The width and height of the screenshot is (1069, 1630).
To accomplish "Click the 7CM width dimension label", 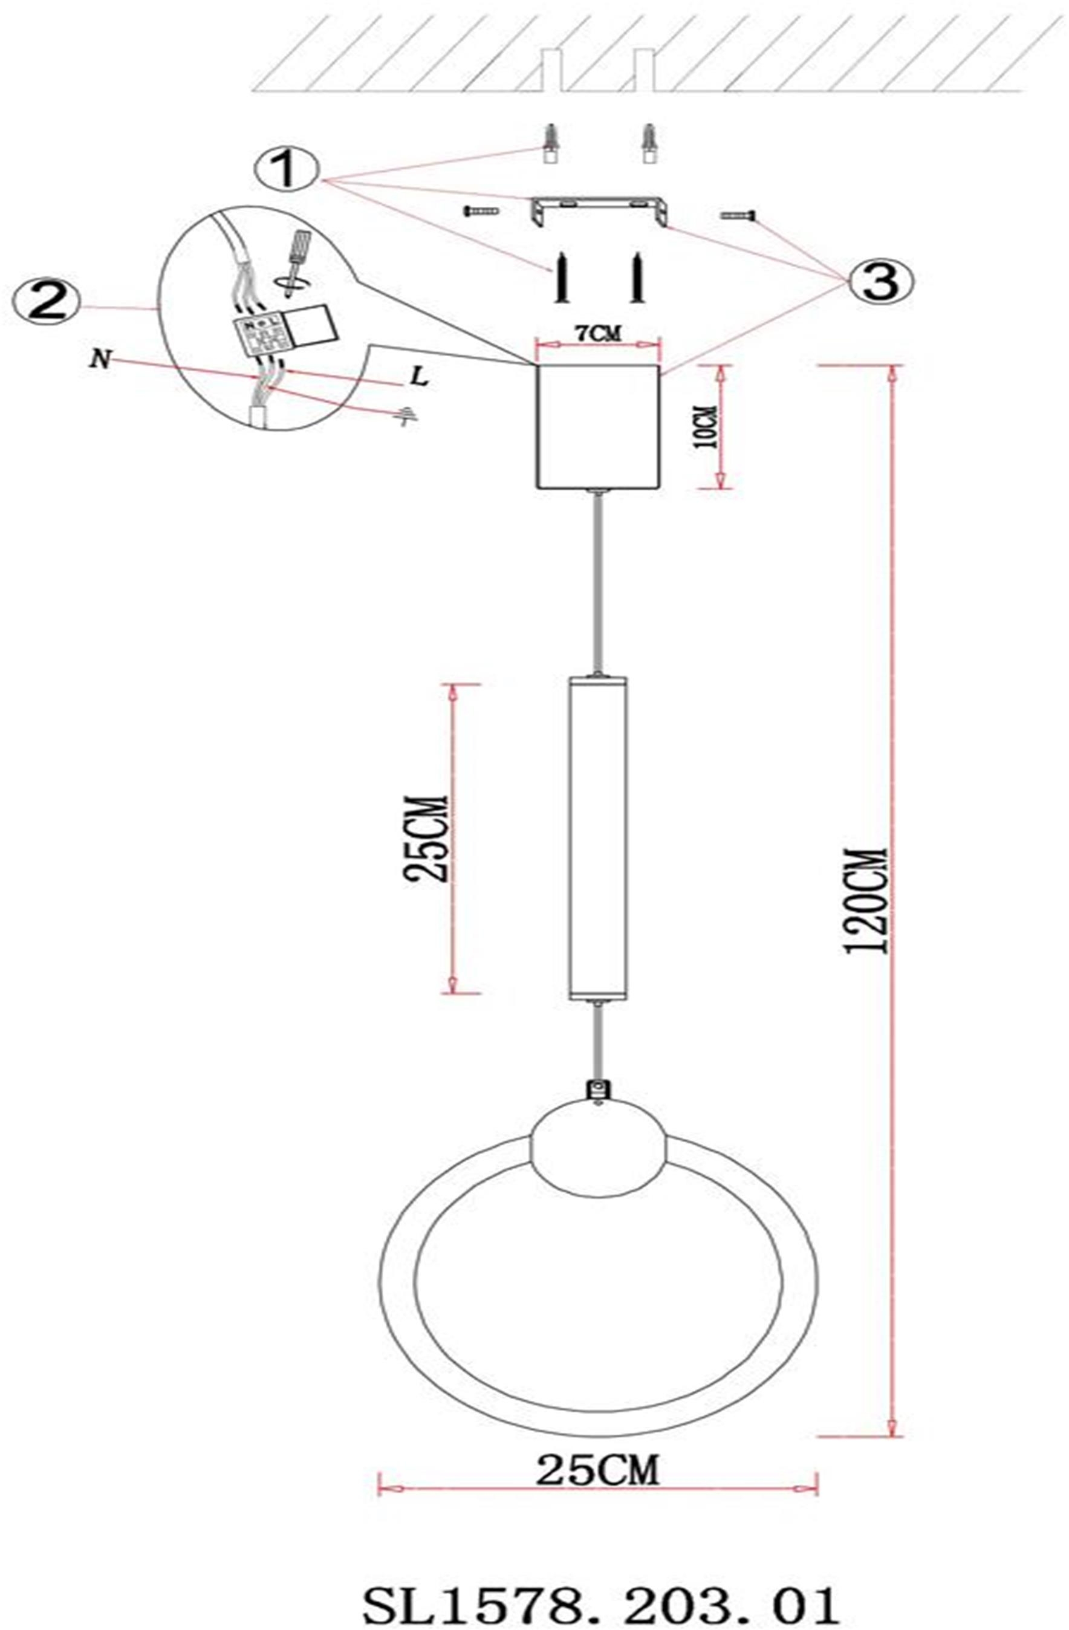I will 597,335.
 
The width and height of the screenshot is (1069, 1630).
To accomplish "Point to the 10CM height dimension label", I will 706,427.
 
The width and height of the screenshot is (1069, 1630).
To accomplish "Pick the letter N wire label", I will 100,361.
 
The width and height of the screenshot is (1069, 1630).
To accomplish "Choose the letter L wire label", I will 420,378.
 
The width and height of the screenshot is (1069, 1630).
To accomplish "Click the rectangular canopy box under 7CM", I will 598,426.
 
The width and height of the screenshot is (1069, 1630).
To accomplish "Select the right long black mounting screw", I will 638,278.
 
